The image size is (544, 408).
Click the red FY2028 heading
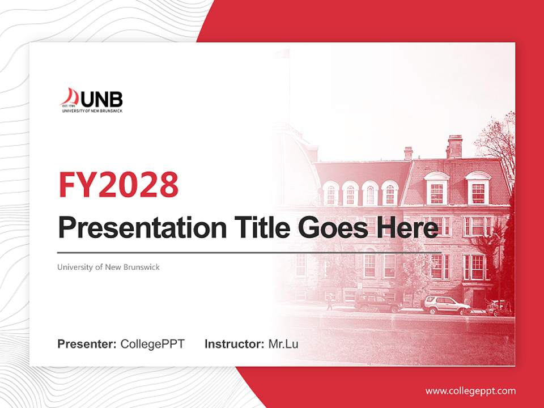click(118, 185)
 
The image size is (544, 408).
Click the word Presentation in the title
click(134, 229)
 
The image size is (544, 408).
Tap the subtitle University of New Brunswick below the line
click(108, 267)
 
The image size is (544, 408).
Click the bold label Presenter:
click(87, 344)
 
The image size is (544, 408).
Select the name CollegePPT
click(152, 344)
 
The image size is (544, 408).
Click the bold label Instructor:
click(234, 344)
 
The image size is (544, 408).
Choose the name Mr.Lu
click(283, 344)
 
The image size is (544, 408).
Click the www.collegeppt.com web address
click(470, 391)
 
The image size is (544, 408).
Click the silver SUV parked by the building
click(446, 306)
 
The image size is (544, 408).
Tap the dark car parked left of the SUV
click(378, 304)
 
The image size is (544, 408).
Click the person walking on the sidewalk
click(330, 302)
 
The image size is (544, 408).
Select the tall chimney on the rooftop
click(454, 146)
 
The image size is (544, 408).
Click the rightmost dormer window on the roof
click(478, 189)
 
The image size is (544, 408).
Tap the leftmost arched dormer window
click(331, 194)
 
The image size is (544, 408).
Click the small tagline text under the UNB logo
click(92, 110)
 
